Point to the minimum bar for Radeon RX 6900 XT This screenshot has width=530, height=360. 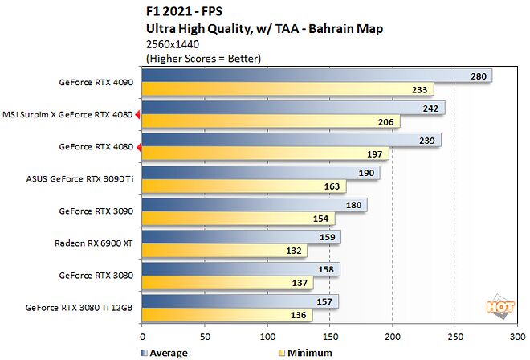(224, 250)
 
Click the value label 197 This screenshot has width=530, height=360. (375, 153)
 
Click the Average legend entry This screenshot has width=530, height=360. (164, 352)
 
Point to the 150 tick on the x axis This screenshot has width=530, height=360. (330, 337)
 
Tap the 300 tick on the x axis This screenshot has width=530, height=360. (517, 337)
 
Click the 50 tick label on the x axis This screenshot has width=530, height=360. (205, 337)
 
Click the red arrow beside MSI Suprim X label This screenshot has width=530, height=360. (138, 115)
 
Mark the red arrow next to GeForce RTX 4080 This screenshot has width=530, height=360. (138, 147)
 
